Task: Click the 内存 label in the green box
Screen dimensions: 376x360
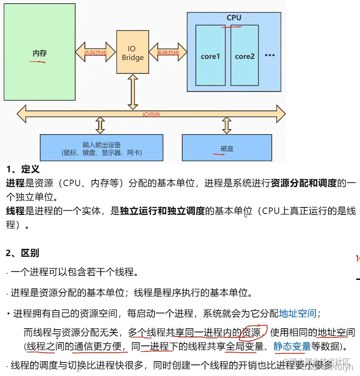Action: pyautogui.click(x=39, y=53)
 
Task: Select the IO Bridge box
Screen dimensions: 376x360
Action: pyautogui.click(x=133, y=53)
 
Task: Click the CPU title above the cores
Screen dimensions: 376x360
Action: pyautogui.click(x=234, y=18)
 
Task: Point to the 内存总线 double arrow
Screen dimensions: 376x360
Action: pyautogui.click(x=96, y=53)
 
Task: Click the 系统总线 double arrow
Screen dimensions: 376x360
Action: pyautogui.click(x=167, y=53)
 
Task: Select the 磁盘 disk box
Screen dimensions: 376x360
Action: pyautogui.click(x=226, y=148)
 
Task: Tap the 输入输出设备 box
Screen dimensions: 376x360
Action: pyautogui.click(x=102, y=148)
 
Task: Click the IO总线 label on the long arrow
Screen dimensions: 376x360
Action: pyautogui.click(x=151, y=114)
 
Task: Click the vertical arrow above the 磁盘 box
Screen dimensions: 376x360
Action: pyautogui.click(x=226, y=125)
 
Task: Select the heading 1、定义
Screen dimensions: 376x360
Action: pyautogui.click(x=23, y=170)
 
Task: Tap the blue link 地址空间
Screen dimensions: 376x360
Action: pyautogui.click(x=297, y=313)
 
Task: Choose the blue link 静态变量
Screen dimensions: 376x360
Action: pyautogui.click(x=292, y=346)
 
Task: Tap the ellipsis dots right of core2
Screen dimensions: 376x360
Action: pyautogui.click(x=270, y=55)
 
